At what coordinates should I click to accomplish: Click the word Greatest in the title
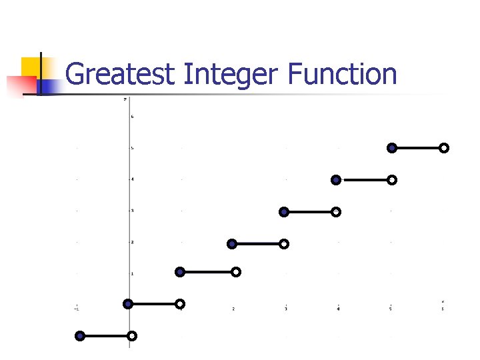point(120,74)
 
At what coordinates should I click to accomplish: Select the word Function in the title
point(342,74)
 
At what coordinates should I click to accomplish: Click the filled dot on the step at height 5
point(392,147)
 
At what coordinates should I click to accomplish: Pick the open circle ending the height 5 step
point(444,148)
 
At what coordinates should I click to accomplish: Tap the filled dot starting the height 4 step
point(336,179)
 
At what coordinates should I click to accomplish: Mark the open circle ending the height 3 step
point(336,212)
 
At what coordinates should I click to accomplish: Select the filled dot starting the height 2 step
point(232,244)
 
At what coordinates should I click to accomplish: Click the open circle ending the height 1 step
point(236,272)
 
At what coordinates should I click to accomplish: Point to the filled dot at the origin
point(128,304)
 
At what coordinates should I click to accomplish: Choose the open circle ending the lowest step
point(132,335)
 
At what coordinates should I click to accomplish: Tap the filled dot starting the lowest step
point(80,336)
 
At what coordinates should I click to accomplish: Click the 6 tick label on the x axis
point(443,309)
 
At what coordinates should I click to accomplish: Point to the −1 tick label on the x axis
point(76,309)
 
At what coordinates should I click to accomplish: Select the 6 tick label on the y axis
point(132,117)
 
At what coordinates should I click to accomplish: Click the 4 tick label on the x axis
point(338,309)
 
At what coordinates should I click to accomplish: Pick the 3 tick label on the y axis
point(132,211)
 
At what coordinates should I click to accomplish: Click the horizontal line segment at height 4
point(364,179)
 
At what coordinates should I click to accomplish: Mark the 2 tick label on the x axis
point(233,309)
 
